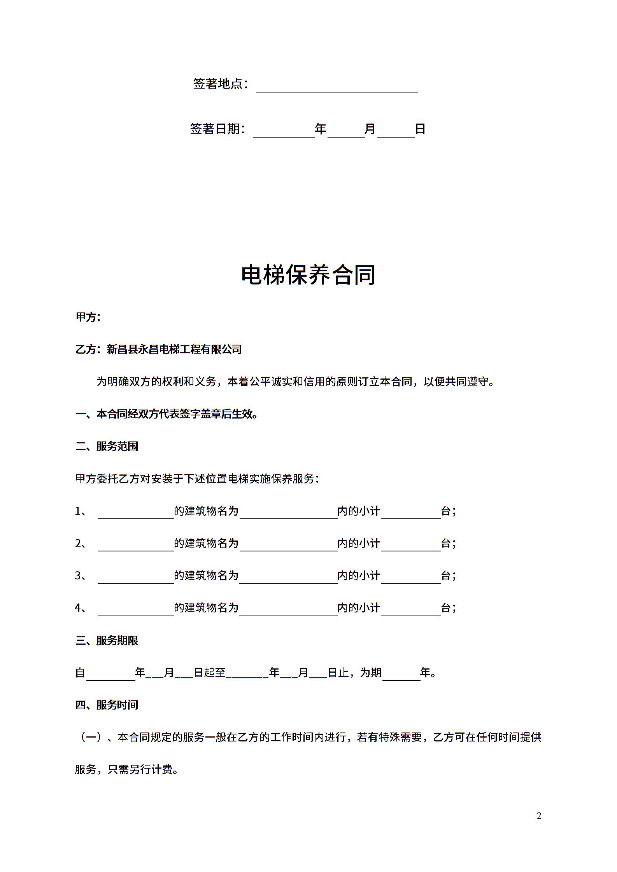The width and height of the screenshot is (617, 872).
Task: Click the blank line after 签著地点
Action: click(337, 86)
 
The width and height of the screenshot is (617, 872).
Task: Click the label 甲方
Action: click(88, 317)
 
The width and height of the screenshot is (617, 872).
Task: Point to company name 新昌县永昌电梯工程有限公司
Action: click(174, 349)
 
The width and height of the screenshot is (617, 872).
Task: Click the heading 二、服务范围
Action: click(107, 446)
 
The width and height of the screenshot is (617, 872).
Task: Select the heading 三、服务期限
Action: click(107, 640)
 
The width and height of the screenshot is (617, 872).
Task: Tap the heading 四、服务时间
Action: click(107, 705)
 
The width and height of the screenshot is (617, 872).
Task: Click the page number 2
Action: click(539, 816)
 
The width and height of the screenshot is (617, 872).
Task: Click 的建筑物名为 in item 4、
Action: click(206, 608)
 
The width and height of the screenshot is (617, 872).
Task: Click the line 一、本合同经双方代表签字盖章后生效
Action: click(167, 414)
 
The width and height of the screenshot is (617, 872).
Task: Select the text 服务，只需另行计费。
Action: click(127, 769)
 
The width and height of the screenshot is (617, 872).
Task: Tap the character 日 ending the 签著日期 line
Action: click(420, 129)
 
